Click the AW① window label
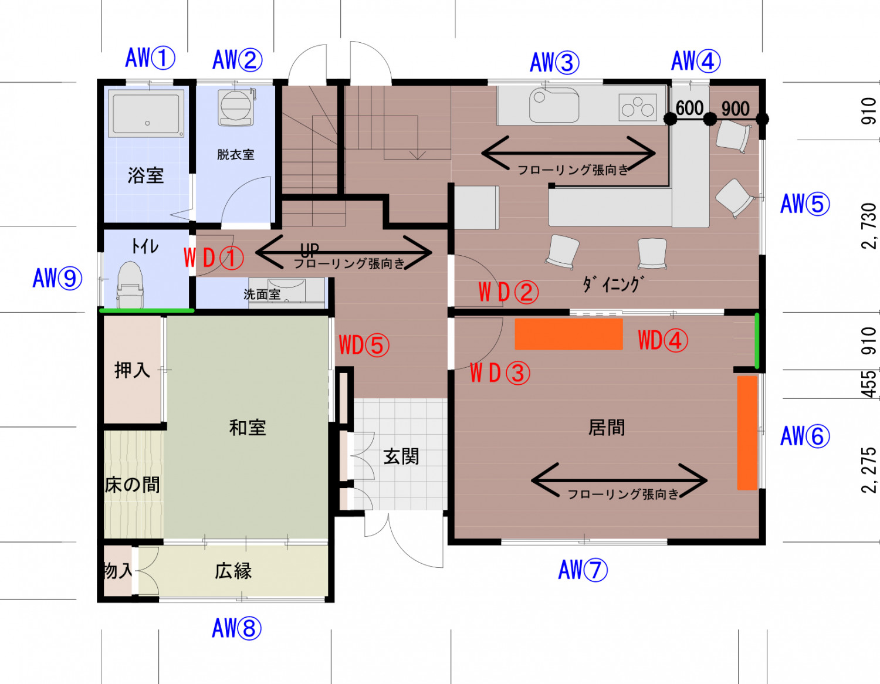[x=150, y=58]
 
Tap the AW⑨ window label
[x=57, y=278]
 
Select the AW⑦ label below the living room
[x=583, y=570]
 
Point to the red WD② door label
[x=508, y=292]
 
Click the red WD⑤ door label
[x=364, y=346]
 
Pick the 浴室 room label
[x=145, y=175]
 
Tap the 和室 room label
[x=248, y=428]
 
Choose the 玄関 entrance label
[x=401, y=456]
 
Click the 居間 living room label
[x=607, y=428]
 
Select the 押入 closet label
[x=132, y=370]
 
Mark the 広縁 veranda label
[x=233, y=571]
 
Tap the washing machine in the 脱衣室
[x=236, y=107]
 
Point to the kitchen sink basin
[x=554, y=106]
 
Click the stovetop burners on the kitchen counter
[x=638, y=107]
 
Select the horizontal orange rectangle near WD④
[x=568, y=334]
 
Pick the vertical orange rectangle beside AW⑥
[x=747, y=432]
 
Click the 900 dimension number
[x=735, y=109]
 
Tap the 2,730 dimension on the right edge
[x=869, y=226]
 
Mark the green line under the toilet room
[x=147, y=310]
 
